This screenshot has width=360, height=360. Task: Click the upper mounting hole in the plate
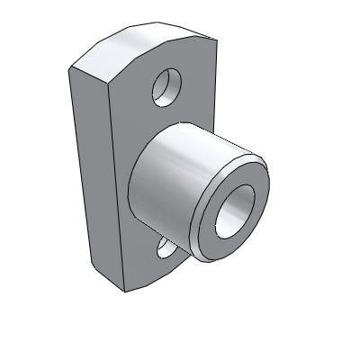point(166,86)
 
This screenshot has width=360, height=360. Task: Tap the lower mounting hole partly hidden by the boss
point(166,246)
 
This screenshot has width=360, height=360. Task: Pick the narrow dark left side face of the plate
point(90,180)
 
